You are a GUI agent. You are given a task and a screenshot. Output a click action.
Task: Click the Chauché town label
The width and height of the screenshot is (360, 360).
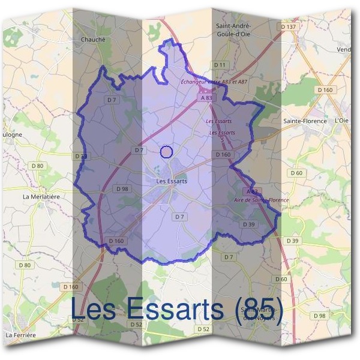(x=92, y=40)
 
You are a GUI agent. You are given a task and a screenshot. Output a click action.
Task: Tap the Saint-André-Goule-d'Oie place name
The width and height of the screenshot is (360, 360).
(x=233, y=31)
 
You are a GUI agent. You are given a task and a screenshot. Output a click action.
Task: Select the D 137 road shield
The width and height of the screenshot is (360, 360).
(x=289, y=27)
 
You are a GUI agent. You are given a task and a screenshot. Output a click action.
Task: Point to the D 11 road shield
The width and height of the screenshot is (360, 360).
(x=220, y=64)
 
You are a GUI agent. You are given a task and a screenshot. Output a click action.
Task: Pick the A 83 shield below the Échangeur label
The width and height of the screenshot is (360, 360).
(x=206, y=97)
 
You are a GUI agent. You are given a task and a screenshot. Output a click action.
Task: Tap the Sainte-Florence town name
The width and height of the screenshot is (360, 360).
(x=305, y=121)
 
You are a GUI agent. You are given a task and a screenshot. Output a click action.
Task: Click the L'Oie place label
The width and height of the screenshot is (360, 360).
(x=341, y=121)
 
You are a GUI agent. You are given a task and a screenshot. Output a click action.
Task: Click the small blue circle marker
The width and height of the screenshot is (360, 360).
(x=167, y=152)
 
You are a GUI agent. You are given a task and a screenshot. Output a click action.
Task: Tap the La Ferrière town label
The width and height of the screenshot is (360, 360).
(x=20, y=334)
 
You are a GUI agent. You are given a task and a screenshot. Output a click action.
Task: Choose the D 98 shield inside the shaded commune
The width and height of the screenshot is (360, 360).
(x=121, y=189)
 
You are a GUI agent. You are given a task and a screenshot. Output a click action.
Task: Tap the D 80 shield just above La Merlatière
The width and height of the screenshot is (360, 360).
(x=37, y=166)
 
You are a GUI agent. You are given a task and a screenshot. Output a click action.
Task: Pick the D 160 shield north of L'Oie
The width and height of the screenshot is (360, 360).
(x=325, y=89)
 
